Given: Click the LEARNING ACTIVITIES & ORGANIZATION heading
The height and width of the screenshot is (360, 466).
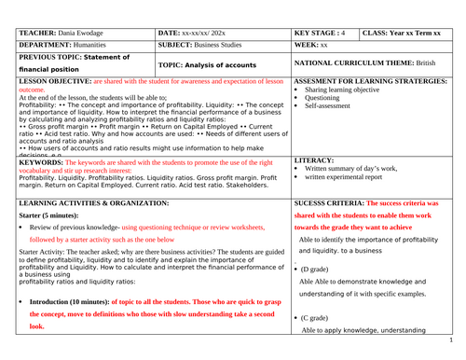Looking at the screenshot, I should (x=81, y=201).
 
